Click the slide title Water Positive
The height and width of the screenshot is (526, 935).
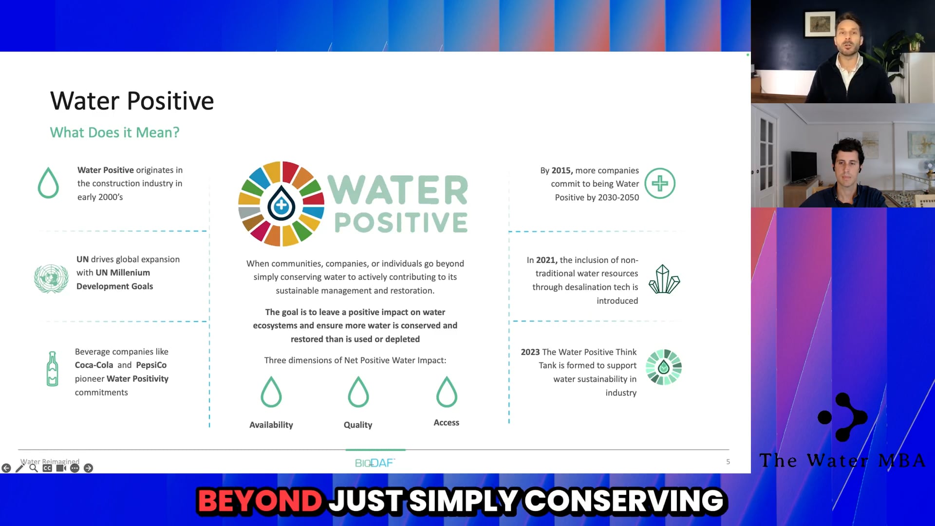coord(132,101)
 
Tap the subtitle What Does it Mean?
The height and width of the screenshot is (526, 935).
coord(114,132)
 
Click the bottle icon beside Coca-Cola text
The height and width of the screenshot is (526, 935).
coord(53,369)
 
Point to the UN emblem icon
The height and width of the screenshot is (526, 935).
coord(51,279)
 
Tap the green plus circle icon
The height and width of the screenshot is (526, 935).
coord(660,184)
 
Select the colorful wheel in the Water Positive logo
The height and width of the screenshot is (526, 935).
coord(281,204)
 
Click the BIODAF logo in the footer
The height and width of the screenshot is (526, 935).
coord(374,463)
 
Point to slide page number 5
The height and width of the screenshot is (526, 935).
coord(728,462)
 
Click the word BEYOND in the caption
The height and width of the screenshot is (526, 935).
coord(260,501)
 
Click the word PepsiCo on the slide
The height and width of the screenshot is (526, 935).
coord(151,365)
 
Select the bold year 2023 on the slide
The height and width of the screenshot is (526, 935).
coord(530,352)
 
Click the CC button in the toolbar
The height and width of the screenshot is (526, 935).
coord(47,468)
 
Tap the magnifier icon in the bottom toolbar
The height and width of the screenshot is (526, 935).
coord(34,468)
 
